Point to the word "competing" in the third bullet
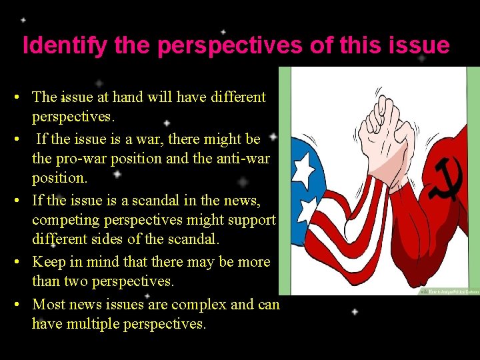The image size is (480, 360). (63, 220)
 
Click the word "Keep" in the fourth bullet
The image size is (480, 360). (49, 262)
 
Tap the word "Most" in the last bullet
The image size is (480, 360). (48, 304)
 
